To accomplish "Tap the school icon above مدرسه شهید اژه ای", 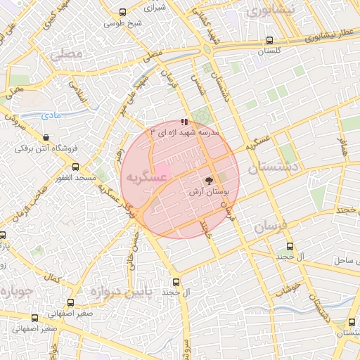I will point(185,122).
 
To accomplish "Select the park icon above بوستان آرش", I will point(208,181).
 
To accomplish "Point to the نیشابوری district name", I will point(264,11).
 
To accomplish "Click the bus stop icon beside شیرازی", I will point(124,12).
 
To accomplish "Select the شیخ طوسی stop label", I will point(123,23).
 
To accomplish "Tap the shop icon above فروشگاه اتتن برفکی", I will point(46,138).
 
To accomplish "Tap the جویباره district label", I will point(14,291).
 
